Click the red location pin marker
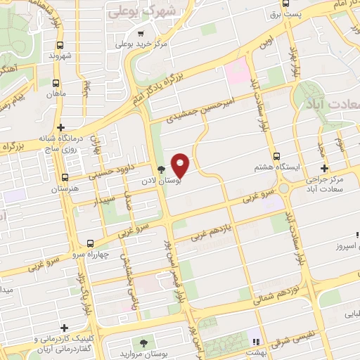click(181, 165)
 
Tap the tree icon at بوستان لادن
click(162, 169)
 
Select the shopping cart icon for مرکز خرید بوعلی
click(142, 34)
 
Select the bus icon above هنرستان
click(65, 178)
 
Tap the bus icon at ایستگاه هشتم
click(276, 157)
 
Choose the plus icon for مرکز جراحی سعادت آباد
click(323, 168)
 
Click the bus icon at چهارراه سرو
click(89, 243)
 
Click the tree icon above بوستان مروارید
click(144, 342)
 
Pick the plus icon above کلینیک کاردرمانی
click(65, 328)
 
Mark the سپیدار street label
click(105, 202)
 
